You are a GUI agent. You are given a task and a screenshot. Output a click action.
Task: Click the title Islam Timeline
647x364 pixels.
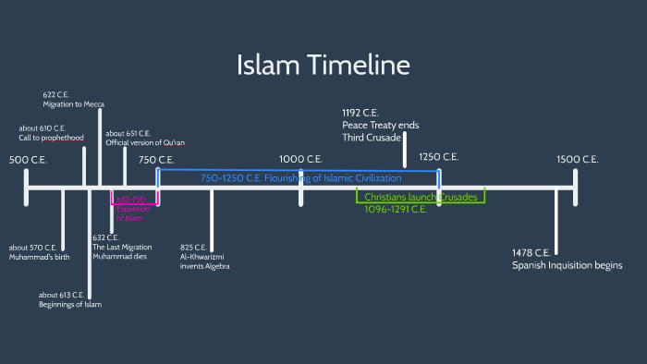(323, 66)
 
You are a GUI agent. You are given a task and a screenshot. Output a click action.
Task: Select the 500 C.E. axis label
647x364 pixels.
(27, 160)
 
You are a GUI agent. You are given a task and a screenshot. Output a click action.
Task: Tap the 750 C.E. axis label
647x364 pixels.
(156, 160)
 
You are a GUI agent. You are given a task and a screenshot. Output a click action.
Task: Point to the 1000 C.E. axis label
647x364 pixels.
(300, 160)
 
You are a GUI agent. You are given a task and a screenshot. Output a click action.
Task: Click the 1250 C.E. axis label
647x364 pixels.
(439, 158)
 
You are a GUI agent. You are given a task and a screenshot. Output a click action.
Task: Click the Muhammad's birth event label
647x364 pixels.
(39, 252)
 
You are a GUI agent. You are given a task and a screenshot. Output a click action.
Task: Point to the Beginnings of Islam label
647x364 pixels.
(70, 298)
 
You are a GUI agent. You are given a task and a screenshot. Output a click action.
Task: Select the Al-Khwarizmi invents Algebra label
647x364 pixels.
(204, 257)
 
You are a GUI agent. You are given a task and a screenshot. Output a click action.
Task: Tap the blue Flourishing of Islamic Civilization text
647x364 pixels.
(301, 177)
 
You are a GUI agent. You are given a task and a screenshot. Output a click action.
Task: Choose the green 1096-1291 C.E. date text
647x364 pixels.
(396, 210)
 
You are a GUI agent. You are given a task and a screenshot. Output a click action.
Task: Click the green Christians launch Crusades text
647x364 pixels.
(420, 197)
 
